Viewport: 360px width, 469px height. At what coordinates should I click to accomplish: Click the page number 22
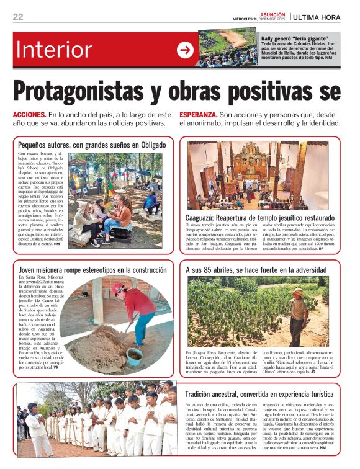click(x=18, y=17)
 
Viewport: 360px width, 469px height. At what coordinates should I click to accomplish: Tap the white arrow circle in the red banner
click(x=184, y=50)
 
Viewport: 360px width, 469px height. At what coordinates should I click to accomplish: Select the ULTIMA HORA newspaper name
click(x=317, y=17)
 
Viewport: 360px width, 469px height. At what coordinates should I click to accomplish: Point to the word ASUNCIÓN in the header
click(x=272, y=14)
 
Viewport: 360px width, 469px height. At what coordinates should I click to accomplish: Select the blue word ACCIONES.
click(x=29, y=115)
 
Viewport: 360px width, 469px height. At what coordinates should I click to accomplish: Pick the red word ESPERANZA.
click(x=199, y=115)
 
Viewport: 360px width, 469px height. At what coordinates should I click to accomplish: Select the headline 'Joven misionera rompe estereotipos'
click(x=92, y=270)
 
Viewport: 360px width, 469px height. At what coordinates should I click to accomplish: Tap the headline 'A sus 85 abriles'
click(x=256, y=270)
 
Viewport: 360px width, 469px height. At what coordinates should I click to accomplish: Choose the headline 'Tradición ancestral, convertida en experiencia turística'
click(x=259, y=394)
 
